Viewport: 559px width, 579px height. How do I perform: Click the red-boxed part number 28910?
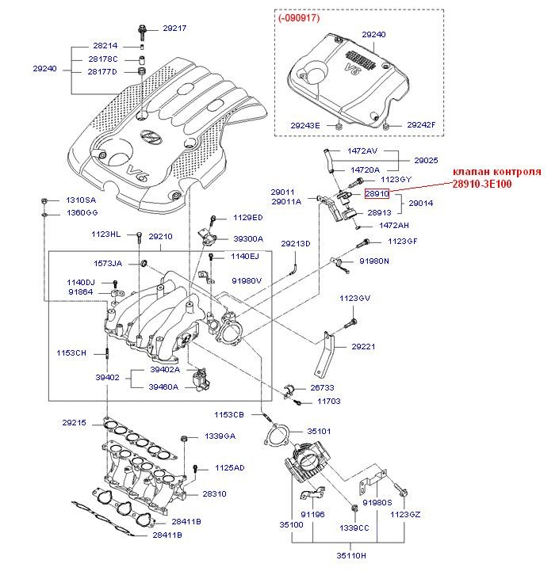pyautogui.click(x=377, y=193)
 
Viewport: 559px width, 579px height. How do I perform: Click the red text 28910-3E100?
pyautogui.click(x=482, y=184)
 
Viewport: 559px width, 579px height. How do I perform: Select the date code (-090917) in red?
pyautogui.click(x=299, y=17)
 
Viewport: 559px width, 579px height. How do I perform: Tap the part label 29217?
pyautogui.click(x=174, y=28)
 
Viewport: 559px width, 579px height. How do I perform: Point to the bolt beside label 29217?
pyautogui.click(x=142, y=32)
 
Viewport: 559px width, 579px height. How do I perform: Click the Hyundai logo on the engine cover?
pyautogui.click(x=151, y=136)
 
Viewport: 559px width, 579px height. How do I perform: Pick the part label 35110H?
pyautogui.click(x=351, y=555)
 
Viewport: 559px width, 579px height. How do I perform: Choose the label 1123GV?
pyautogui.click(x=355, y=298)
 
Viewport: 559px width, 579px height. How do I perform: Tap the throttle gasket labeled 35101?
pyautogui.click(x=278, y=434)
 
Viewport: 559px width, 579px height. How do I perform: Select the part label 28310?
pyautogui.click(x=214, y=493)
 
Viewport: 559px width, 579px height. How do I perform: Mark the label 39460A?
pyautogui.click(x=163, y=387)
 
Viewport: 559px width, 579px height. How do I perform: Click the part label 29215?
pyautogui.click(x=74, y=422)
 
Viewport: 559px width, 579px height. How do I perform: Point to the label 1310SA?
pyautogui.click(x=81, y=200)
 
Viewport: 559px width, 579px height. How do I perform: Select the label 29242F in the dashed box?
pyautogui.click(x=421, y=125)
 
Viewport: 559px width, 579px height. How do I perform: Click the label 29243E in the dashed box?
pyautogui.click(x=305, y=126)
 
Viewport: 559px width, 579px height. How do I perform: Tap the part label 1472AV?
pyautogui.click(x=362, y=150)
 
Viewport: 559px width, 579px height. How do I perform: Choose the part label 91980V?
pyautogui.click(x=247, y=280)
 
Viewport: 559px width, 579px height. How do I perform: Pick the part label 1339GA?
pyautogui.click(x=220, y=436)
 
